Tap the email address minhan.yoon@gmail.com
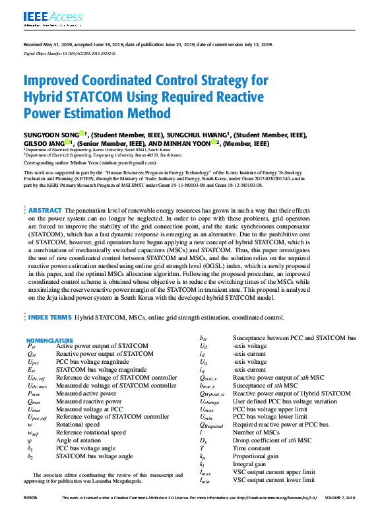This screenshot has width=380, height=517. (x=112, y=162)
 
